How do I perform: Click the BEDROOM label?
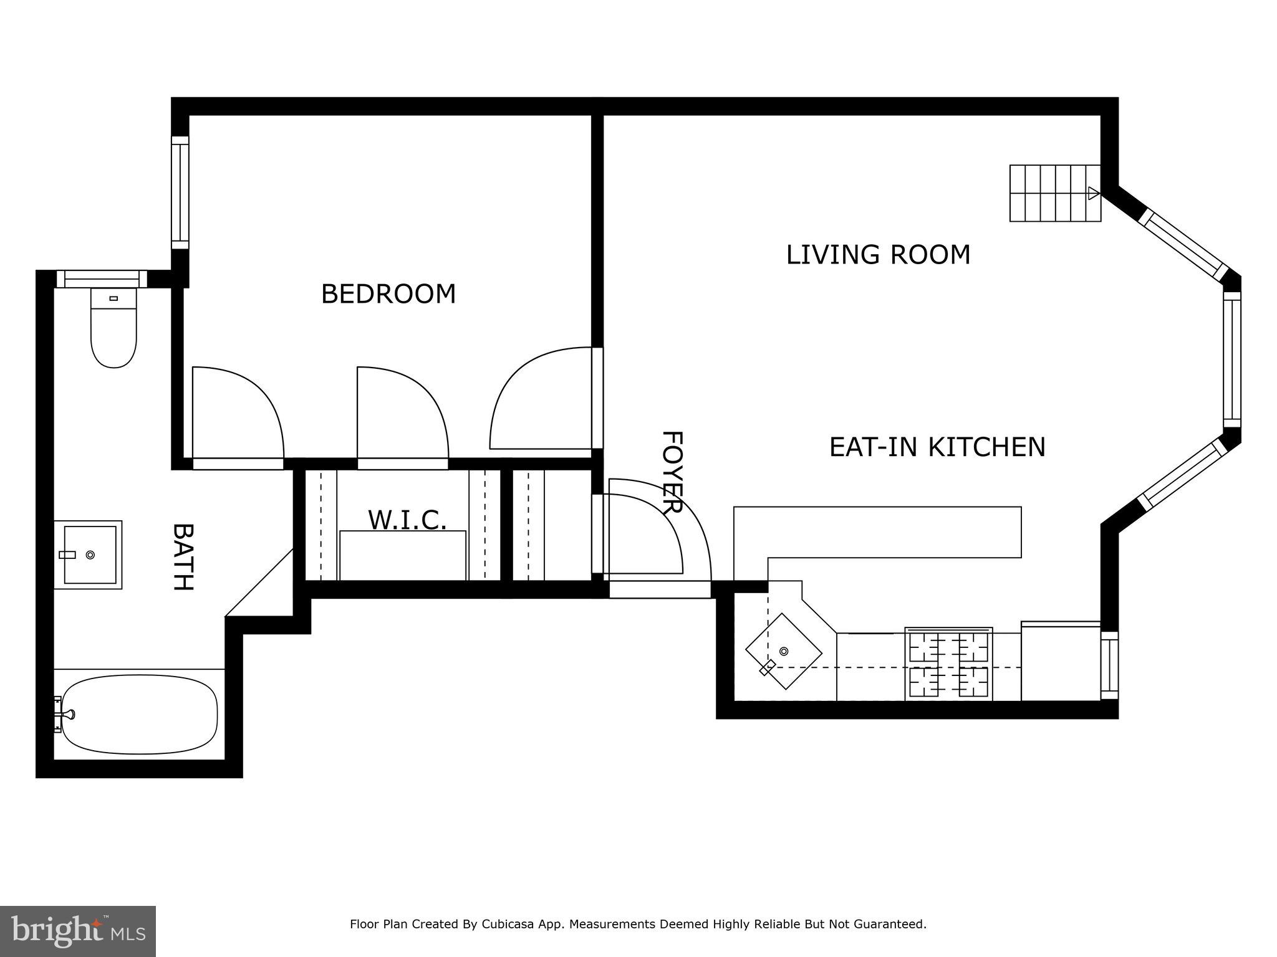(388, 294)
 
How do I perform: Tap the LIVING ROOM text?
(878, 255)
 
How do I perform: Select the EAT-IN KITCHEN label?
(937, 447)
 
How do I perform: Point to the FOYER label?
(672, 472)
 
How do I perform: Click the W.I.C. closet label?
(407, 520)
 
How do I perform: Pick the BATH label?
(182, 556)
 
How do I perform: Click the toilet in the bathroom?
(113, 328)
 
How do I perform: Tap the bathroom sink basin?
(90, 555)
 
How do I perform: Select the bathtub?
(140, 714)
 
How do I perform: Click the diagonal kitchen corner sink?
(784, 651)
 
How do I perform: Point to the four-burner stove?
(948, 664)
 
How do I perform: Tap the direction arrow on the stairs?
(1093, 193)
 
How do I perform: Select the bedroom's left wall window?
(180, 193)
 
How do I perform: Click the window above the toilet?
(102, 279)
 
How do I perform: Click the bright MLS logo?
(78, 931)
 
